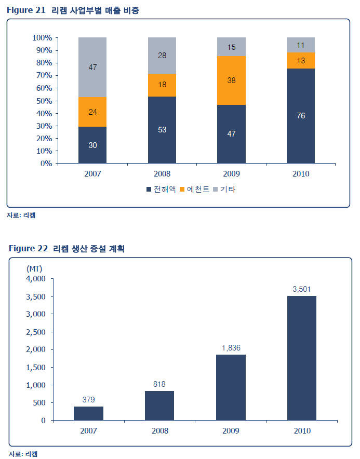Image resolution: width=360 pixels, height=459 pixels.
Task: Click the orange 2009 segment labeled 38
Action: pyautogui.click(x=232, y=80)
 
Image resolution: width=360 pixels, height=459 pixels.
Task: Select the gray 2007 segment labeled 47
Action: pyautogui.click(x=92, y=67)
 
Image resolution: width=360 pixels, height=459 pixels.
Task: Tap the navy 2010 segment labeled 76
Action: pyautogui.click(x=301, y=116)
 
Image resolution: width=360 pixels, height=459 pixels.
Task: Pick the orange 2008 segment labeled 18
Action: pyautogui.click(x=162, y=85)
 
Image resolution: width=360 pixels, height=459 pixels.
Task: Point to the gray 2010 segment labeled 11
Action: pyautogui.click(x=301, y=45)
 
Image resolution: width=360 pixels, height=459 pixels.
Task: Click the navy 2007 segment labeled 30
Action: pyautogui.click(x=92, y=145)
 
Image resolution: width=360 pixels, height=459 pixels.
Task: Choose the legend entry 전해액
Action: pyautogui.click(x=162, y=190)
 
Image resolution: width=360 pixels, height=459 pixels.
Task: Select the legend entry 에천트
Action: pyautogui.click(x=195, y=190)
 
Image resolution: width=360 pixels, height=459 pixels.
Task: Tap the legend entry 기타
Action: pyautogui.click(x=224, y=190)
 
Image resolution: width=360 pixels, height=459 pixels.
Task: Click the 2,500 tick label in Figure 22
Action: pyautogui.click(x=36, y=332)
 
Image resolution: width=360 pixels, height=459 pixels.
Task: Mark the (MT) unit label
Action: pyautogui.click(x=34, y=268)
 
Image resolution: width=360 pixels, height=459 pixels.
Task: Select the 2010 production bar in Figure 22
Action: pyautogui.click(x=301, y=358)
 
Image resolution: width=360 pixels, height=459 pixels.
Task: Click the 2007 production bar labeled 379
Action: pyautogui.click(x=88, y=413)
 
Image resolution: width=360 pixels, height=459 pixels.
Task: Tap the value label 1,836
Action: pyautogui.click(x=231, y=348)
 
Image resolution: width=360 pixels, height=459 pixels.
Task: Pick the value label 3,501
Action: pyautogui.click(x=301, y=289)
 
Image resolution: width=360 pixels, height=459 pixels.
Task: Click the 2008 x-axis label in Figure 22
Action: pyautogui.click(x=159, y=430)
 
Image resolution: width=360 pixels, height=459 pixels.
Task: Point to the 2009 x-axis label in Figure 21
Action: pyautogui.click(x=232, y=174)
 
